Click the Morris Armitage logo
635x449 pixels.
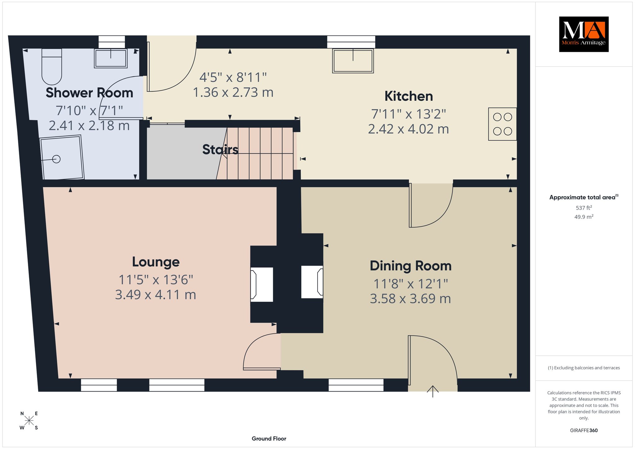(x=584, y=34)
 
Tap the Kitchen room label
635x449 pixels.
(x=409, y=96)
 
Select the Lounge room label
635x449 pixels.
(x=156, y=262)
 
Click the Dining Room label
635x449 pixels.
(x=411, y=266)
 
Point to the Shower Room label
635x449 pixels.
(x=89, y=93)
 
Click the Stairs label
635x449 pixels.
(x=220, y=149)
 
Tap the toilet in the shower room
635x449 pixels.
(x=52, y=66)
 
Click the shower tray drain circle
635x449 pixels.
(x=56, y=159)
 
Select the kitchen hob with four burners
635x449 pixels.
(x=502, y=124)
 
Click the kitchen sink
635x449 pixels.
(x=353, y=61)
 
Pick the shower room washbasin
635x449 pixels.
(x=111, y=58)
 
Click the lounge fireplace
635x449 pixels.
(x=262, y=284)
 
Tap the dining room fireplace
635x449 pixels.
(x=312, y=282)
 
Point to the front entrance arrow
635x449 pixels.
(x=433, y=391)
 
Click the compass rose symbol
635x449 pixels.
(x=29, y=420)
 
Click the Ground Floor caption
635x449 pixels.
(x=269, y=438)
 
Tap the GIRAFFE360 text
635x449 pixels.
(x=584, y=430)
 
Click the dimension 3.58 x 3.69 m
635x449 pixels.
(x=411, y=299)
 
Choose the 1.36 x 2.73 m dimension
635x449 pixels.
(x=233, y=92)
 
